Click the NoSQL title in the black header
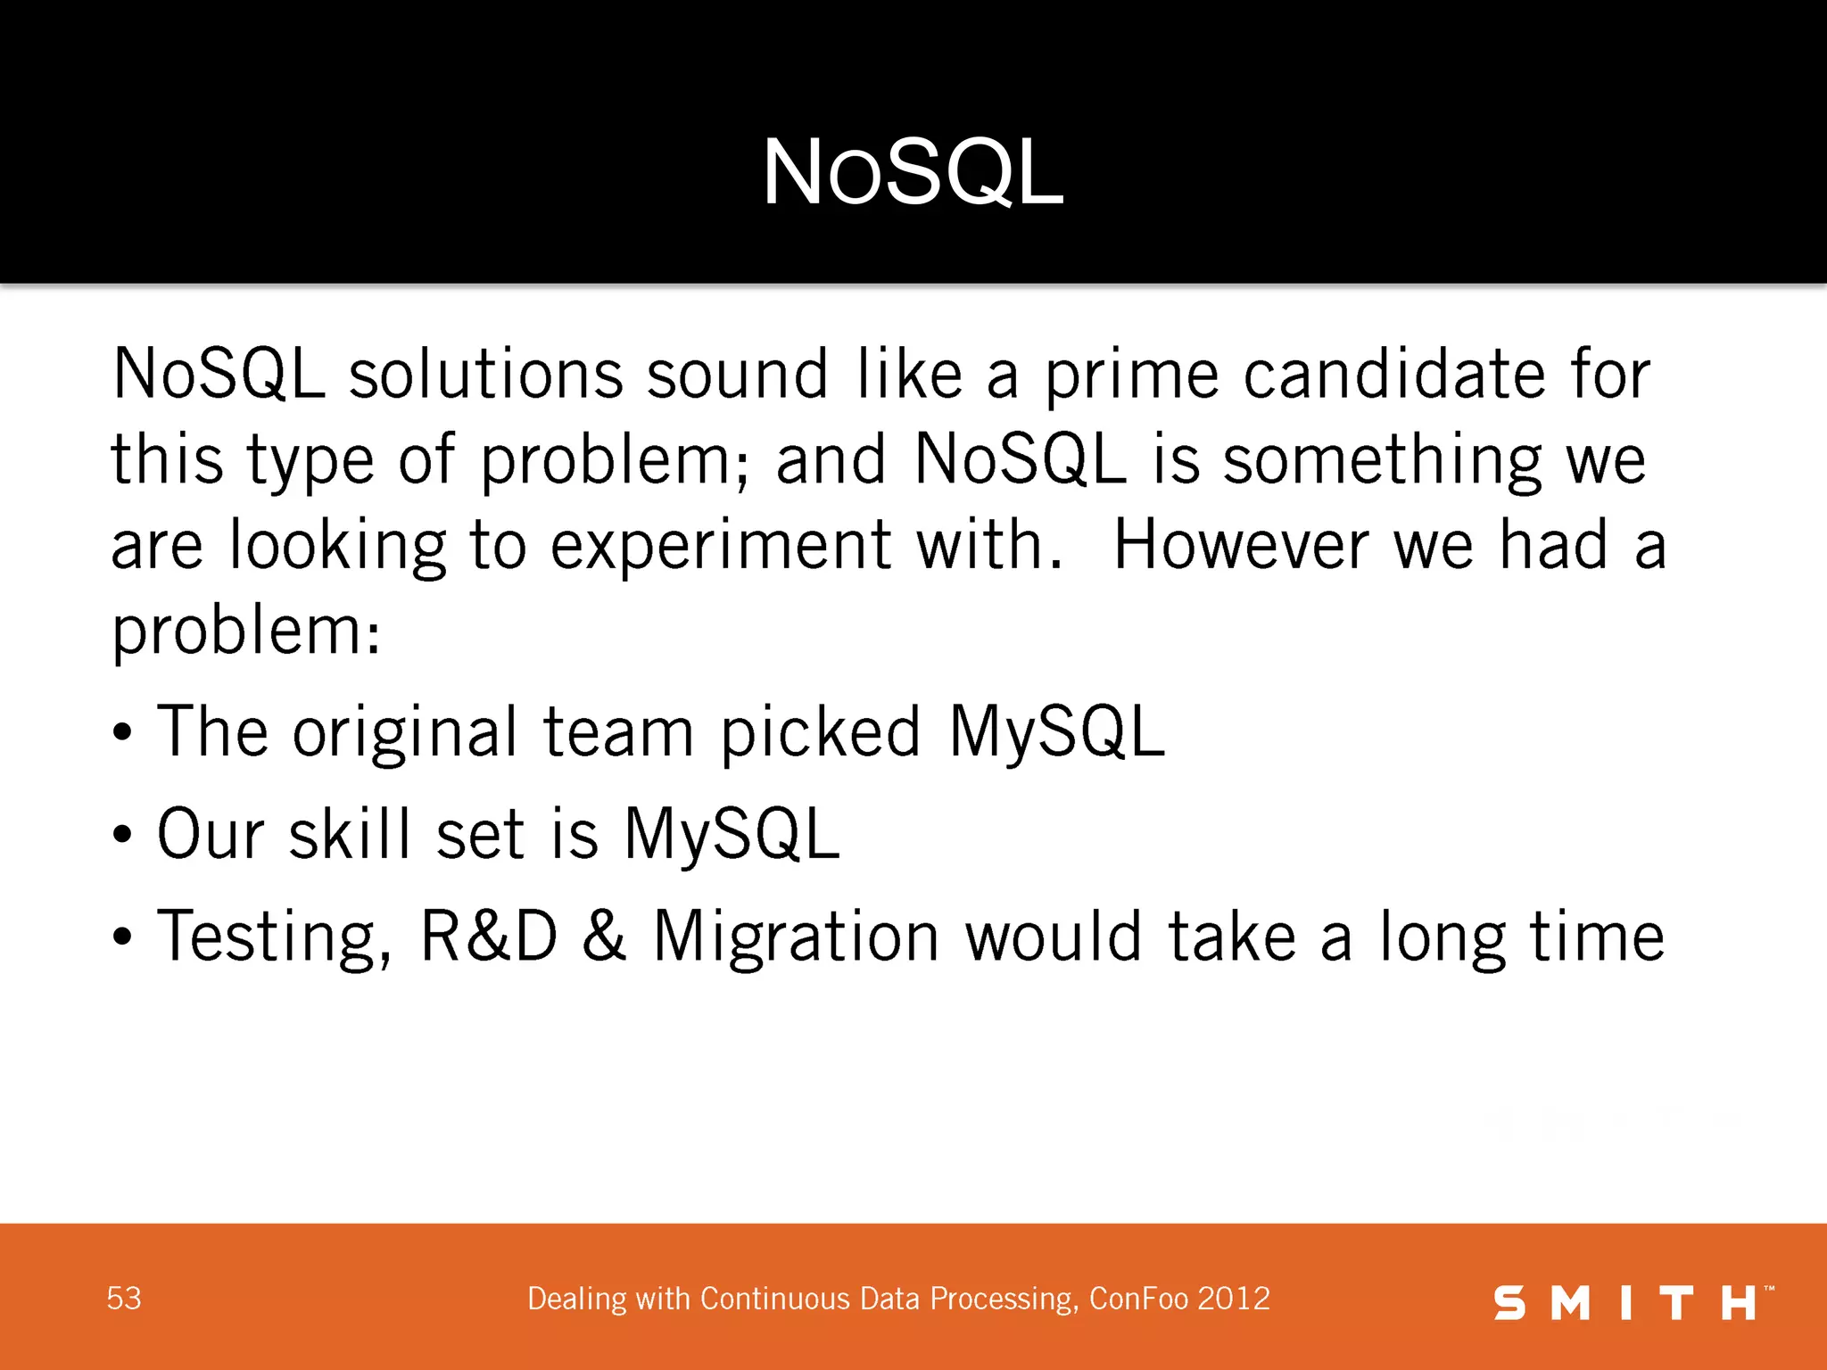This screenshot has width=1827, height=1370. pyautogui.click(x=913, y=173)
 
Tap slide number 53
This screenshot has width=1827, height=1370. pyautogui.click(x=124, y=1299)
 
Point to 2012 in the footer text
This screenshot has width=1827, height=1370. pyautogui.click(x=1234, y=1299)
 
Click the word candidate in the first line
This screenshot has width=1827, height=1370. pyautogui.click(x=1394, y=375)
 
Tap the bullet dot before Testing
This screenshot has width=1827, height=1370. pyautogui.click(x=123, y=937)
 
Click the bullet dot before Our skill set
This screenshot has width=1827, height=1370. pyautogui.click(x=123, y=836)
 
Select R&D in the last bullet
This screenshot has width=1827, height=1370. pyautogui.click(x=488, y=937)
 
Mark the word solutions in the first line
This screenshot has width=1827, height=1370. pyautogui.click(x=485, y=375)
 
